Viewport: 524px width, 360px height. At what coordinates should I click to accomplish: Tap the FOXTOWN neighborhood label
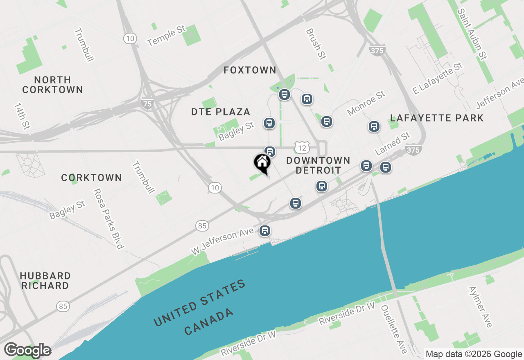250,70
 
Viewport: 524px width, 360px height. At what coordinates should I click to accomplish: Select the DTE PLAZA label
221,112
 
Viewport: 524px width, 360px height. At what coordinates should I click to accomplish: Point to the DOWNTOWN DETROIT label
318,165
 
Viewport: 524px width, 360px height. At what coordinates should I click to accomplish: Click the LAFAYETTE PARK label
437,118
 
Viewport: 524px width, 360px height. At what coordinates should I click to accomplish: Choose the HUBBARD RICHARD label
45,281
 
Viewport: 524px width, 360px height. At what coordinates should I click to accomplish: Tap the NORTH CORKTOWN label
52,85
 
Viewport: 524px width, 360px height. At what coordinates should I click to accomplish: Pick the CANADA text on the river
209,322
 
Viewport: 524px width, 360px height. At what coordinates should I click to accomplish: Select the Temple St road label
167,36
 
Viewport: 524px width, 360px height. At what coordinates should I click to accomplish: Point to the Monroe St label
366,103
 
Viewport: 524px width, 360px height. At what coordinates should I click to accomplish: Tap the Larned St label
393,144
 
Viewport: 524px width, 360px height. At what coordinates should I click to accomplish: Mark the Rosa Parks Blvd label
108,218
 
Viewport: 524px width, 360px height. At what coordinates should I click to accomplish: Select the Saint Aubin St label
472,34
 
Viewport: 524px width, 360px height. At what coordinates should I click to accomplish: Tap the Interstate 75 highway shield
147,104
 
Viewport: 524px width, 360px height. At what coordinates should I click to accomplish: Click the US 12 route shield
302,148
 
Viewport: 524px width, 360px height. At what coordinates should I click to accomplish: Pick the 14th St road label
22,116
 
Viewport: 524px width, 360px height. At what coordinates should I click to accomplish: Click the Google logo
27,350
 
